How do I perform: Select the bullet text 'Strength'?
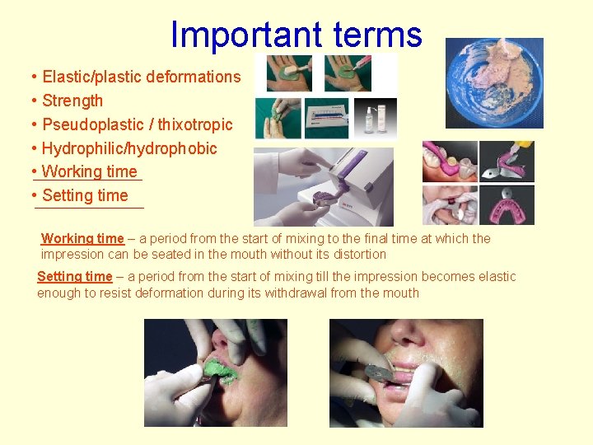[72, 101]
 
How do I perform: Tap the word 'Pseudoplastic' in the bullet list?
[91, 124]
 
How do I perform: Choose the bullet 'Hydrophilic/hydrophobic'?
[129, 148]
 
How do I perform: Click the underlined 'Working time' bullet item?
[89, 171]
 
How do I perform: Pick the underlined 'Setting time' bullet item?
[85, 195]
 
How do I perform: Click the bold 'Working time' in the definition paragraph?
[82, 238]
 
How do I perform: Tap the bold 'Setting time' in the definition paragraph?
[75, 276]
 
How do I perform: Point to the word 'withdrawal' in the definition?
[297, 293]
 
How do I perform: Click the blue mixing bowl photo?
[493, 82]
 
